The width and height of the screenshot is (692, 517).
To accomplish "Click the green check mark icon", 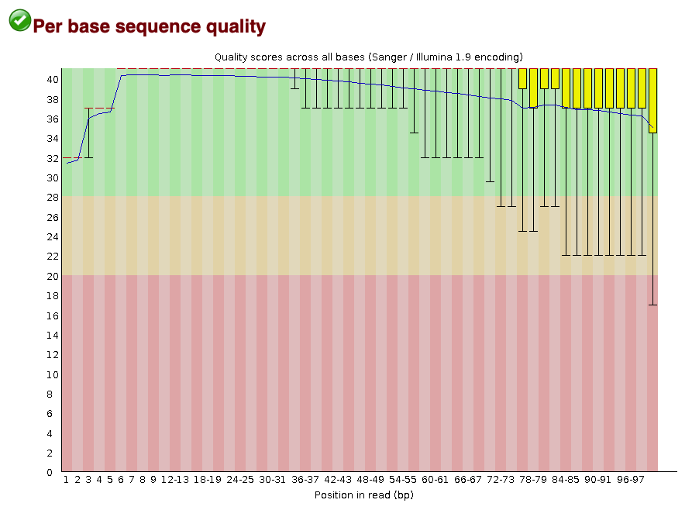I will pos(20,20).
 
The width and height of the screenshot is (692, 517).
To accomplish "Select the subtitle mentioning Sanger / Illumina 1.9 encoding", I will pos(368,57).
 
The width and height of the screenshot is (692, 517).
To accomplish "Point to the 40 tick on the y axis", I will pos(49,80).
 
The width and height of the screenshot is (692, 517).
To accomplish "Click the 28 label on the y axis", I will pos(49,198).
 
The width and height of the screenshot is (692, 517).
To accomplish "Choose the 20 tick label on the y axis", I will pos(49,276).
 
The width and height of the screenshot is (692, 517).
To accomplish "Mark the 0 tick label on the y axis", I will pos(51,472).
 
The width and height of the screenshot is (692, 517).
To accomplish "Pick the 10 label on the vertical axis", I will pos(49,374).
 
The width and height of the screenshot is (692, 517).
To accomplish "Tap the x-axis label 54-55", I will pos(403,481).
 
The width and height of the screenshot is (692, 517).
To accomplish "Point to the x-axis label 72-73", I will pos(501,481).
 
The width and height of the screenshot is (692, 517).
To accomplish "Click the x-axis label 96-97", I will pos(631,481).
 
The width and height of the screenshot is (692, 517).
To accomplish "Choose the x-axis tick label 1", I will pos(67,481).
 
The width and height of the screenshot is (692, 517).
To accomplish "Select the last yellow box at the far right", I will pos(652,101).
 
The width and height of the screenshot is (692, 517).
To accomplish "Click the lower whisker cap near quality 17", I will pos(652,305).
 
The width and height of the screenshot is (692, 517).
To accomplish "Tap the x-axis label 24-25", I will pos(240,481).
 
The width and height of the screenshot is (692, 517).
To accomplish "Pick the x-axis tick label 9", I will pos(153,481).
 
